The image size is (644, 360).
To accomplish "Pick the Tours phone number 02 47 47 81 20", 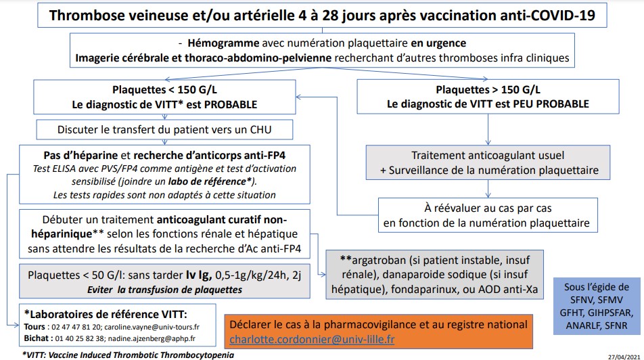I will pyautogui.click(x=70, y=325).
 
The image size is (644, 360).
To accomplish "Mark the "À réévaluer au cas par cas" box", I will pyautogui.click(x=486, y=215).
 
